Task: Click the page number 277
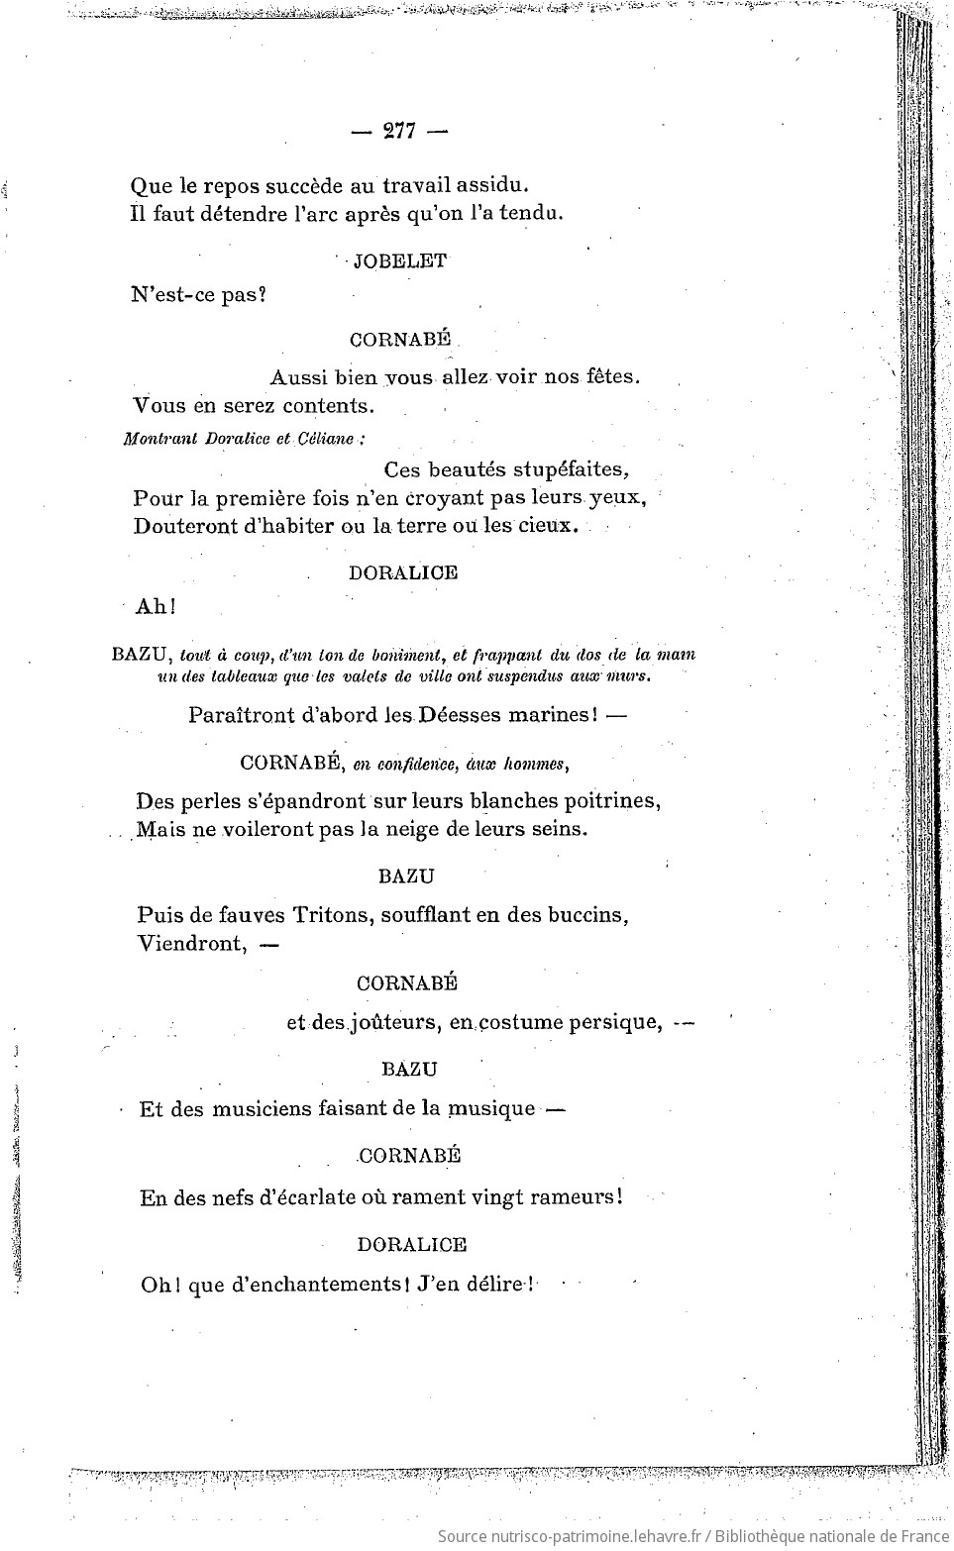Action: point(400,132)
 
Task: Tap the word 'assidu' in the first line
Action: point(491,185)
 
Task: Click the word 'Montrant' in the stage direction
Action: point(155,439)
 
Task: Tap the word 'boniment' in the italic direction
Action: point(406,654)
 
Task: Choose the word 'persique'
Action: point(615,1022)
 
